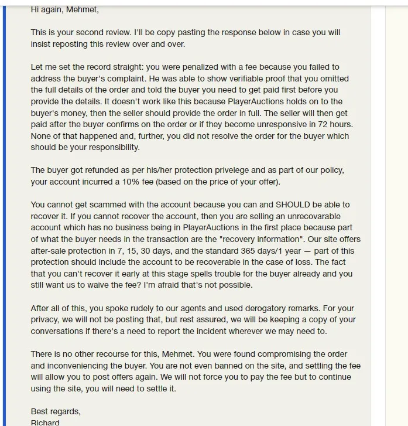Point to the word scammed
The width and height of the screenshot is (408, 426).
click(118, 205)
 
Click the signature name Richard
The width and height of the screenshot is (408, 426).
click(45, 422)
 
